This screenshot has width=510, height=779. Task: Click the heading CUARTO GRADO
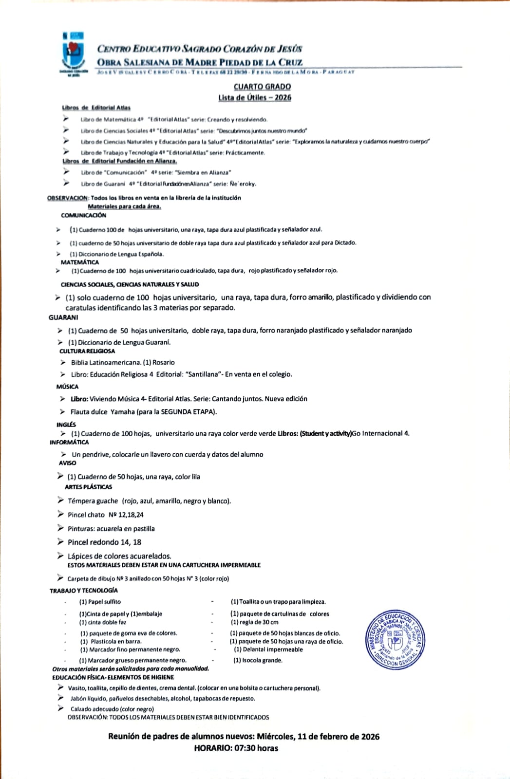tap(262, 87)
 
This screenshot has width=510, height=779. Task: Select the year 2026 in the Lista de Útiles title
tap(283, 97)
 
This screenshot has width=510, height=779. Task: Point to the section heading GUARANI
tap(63, 317)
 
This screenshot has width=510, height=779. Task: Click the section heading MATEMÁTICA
tap(79, 262)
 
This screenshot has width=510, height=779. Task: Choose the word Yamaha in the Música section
tap(122, 412)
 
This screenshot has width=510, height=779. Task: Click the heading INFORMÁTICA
tap(69, 443)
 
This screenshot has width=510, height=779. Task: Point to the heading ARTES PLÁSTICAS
tap(88, 487)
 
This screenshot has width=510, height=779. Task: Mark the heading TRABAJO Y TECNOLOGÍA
tap(84, 591)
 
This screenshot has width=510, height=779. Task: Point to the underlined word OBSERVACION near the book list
tap(68, 198)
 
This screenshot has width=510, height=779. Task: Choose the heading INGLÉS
tap(66, 425)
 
